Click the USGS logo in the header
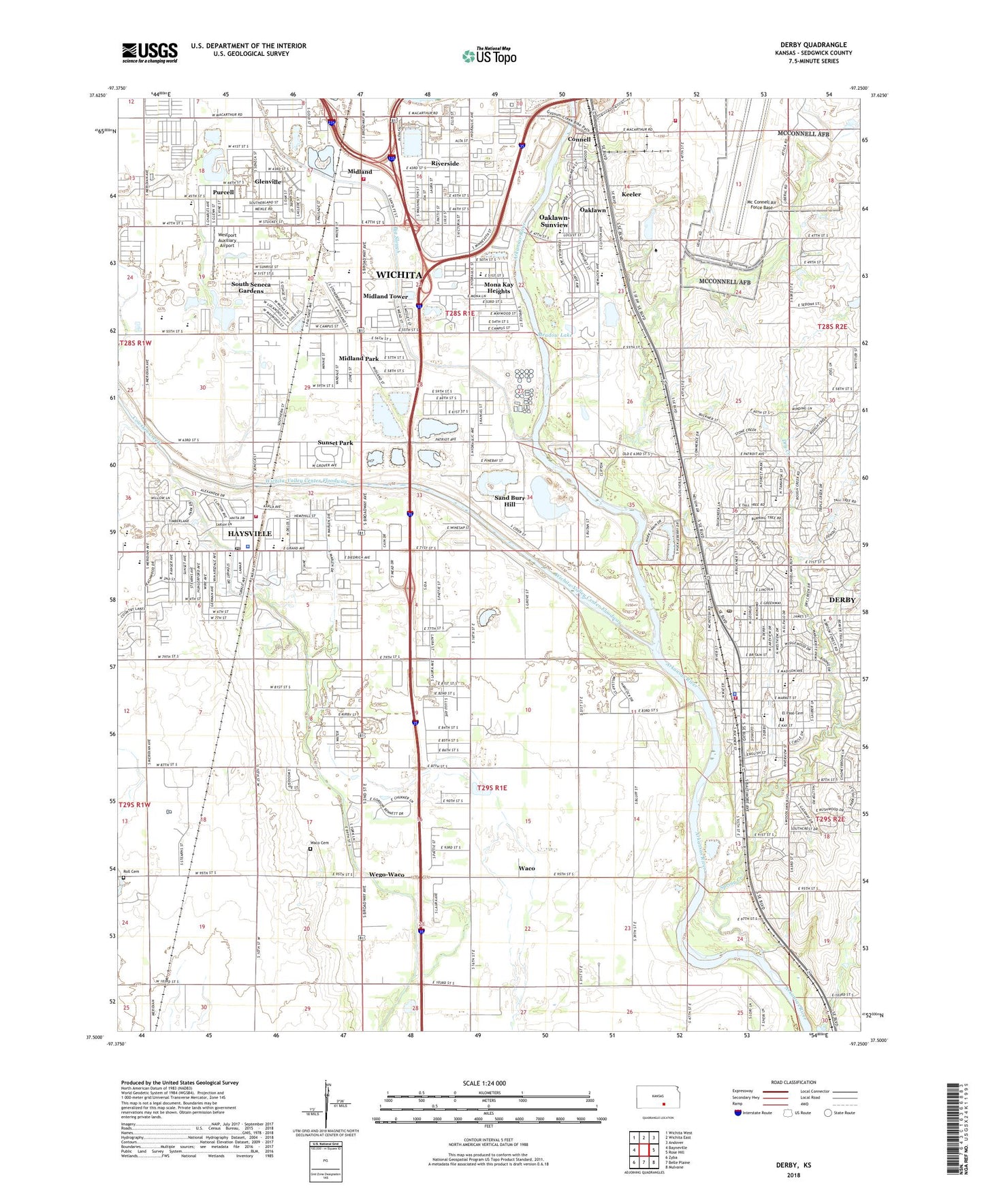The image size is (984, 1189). (x=150, y=52)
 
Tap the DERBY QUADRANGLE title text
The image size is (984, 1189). (x=813, y=45)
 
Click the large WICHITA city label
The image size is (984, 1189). (x=399, y=274)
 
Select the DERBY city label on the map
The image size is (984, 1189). (x=842, y=600)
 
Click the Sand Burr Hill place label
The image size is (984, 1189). (x=509, y=501)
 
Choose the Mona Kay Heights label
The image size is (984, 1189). (x=498, y=287)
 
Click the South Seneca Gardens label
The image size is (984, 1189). (x=251, y=287)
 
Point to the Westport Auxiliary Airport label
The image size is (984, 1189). (x=227, y=240)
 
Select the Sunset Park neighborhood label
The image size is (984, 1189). (x=335, y=443)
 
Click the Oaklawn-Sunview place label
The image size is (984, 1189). (x=554, y=221)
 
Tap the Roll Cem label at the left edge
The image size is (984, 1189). (x=131, y=872)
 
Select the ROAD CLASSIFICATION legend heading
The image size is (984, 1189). (x=793, y=1082)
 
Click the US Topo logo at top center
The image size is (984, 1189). (x=489, y=57)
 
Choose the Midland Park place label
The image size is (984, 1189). (x=359, y=359)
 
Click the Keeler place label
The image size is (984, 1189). (x=631, y=195)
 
